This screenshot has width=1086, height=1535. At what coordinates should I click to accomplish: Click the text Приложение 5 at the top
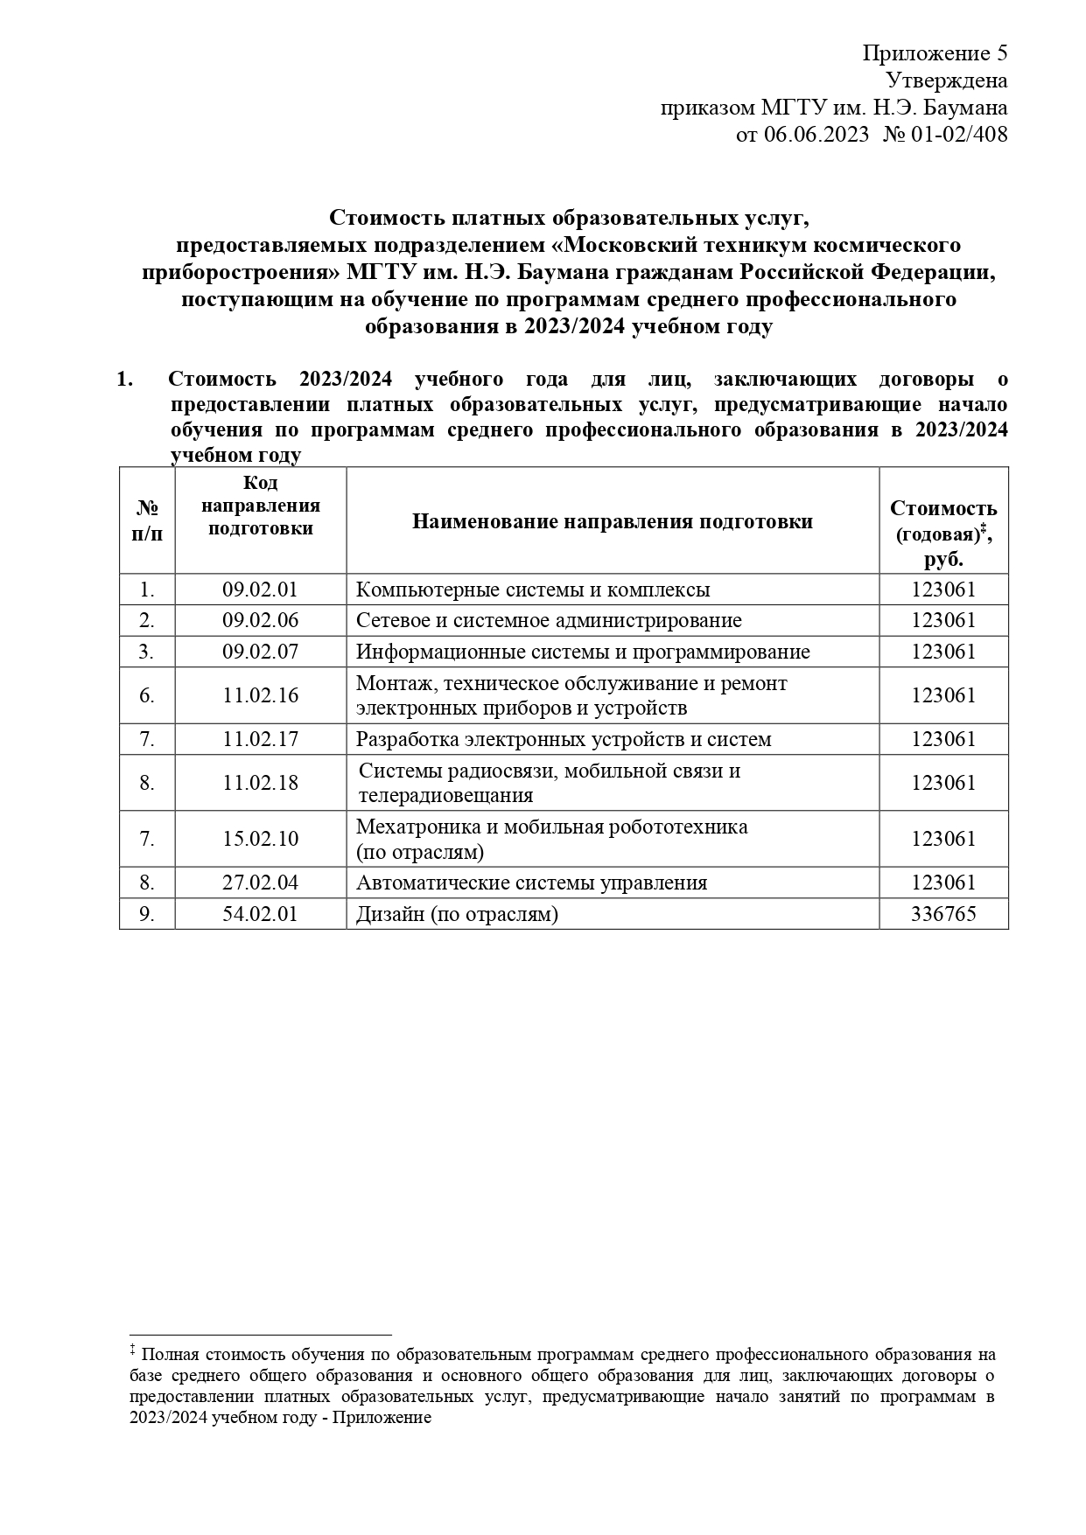[935, 53]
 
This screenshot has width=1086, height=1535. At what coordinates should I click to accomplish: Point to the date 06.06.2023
[816, 135]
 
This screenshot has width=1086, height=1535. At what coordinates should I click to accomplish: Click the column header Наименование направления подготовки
[612, 521]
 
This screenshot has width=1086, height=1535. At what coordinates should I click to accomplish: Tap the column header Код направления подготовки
[260, 506]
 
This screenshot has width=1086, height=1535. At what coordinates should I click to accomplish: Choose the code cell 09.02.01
[260, 590]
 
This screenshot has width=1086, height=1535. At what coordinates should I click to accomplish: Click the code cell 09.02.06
[260, 620]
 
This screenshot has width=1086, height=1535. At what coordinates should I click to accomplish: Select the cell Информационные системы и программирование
[583, 652]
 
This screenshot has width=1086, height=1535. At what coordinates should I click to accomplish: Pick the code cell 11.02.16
[260, 695]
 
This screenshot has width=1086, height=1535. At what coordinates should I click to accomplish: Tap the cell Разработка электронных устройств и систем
[564, 739]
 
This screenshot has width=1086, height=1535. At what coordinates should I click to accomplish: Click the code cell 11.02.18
[260, 783]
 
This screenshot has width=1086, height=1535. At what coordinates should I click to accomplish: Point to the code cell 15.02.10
[260, 839]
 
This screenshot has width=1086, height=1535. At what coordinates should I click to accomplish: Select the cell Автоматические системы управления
[531, 883]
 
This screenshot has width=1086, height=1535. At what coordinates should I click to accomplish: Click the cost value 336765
[942, 914]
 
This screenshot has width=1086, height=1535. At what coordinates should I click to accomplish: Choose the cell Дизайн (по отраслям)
[457, 914]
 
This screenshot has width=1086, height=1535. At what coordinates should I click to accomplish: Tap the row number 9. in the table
[147, 914]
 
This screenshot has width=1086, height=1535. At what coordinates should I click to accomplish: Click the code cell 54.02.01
[260, 914]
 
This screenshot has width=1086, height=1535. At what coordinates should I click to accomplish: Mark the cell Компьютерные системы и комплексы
[533, 590]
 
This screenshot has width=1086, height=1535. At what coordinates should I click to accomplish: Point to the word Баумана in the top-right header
[968, 108]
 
